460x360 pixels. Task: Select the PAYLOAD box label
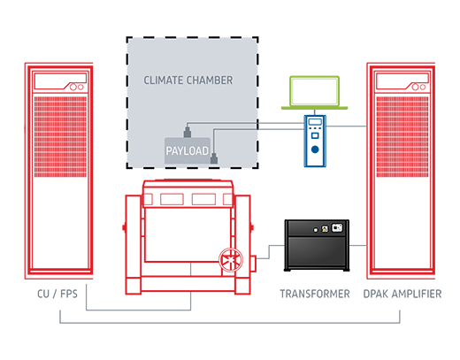[187, 152]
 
